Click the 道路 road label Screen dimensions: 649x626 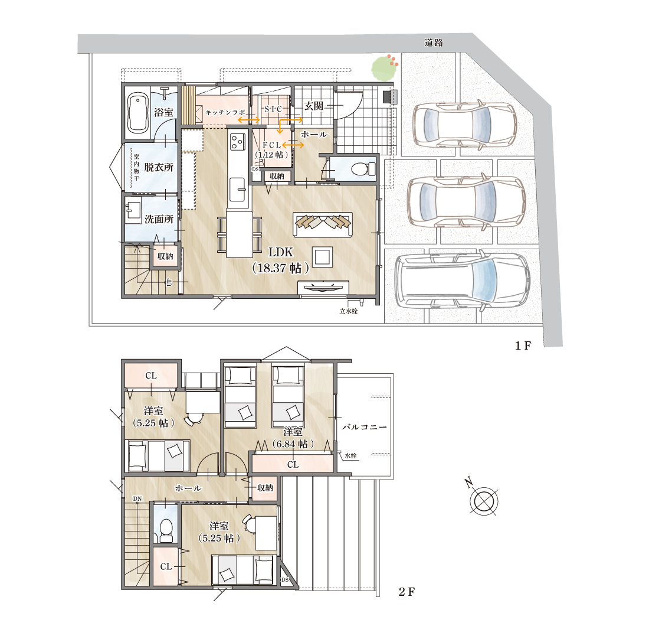click(434, 43)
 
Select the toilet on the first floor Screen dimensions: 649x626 click(363, 169)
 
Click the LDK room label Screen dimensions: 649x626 click(281, 252)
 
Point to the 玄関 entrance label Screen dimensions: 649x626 click(313, 106)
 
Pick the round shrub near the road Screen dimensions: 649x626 click(385, 69)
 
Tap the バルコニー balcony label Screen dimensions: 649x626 click(364, 427)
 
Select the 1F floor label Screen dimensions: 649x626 click(523, 345)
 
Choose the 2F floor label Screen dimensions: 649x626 click(407, 592)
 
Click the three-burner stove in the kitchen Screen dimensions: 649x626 click(238, 141)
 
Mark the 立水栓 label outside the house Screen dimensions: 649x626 click(349, 311)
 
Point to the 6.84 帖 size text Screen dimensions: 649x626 click(293, 444)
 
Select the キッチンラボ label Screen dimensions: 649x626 click(225, 112)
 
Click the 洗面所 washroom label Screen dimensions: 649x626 click(159, 219)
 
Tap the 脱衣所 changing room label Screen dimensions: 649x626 click(159, 167)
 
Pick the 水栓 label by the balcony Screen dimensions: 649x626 click(350, 456)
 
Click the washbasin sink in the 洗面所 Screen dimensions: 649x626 click(133, 210)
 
